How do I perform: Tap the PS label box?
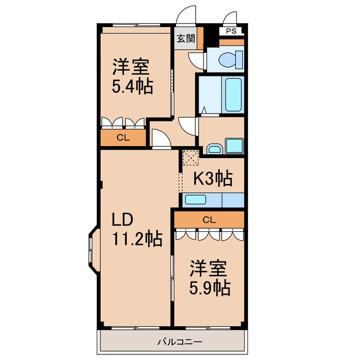pyautogui.click(x=231, y=31)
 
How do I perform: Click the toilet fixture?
pyautogui.click(x=230, y=58)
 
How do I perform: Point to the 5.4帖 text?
pyautogui.click(x=133, y=87)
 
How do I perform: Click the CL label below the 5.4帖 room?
pyautogui.click(x=122, y=137)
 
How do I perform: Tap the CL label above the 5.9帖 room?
pyautogui.click(x=209, y=220)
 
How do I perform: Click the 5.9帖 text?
pyautogui.click(x=209, y=287)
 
